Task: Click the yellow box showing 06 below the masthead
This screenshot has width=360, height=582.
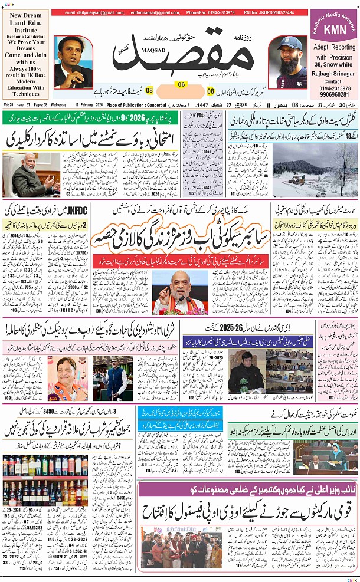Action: (x=181, y=84)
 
